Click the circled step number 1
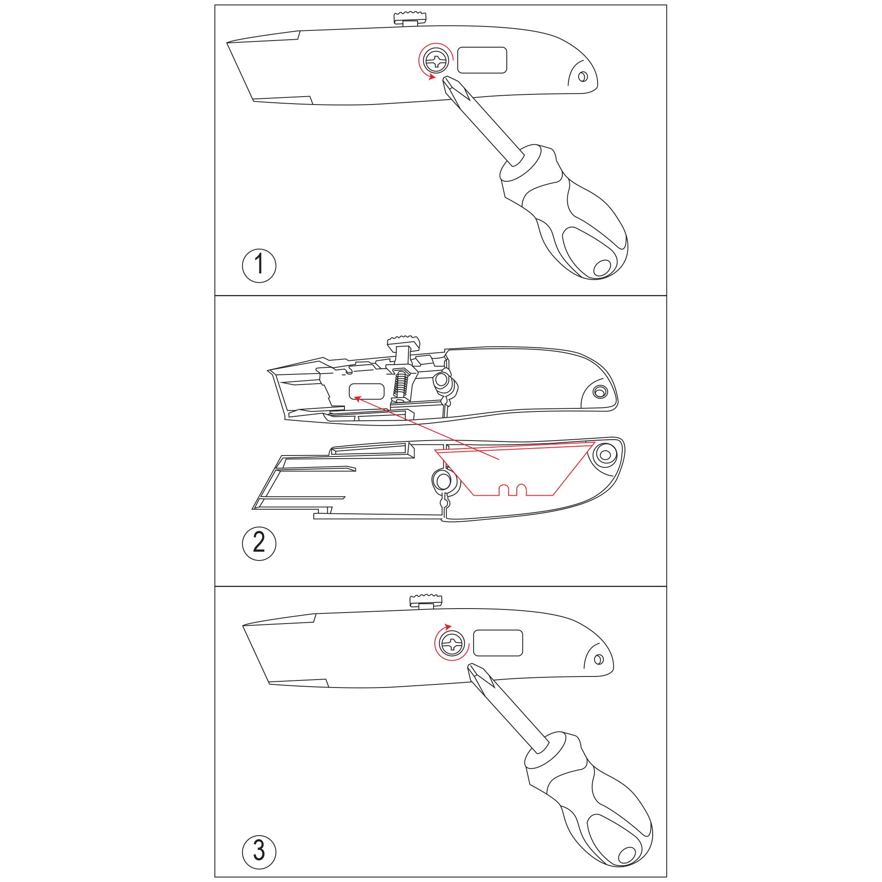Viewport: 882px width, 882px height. click(259, 265)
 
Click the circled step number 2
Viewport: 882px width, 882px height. click(259, 543)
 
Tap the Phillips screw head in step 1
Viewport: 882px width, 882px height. click(436, 61)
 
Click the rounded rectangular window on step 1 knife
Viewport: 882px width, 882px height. click(482, 60)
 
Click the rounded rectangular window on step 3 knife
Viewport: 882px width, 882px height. click(497, 643)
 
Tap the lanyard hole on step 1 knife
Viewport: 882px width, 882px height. click(582, 77)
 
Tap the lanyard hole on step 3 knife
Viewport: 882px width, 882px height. click(598, 659)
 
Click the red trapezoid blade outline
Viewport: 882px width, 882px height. click(515, 468)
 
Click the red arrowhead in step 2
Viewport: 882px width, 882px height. click(358, 399)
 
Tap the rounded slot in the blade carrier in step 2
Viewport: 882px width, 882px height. click(366, 391)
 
